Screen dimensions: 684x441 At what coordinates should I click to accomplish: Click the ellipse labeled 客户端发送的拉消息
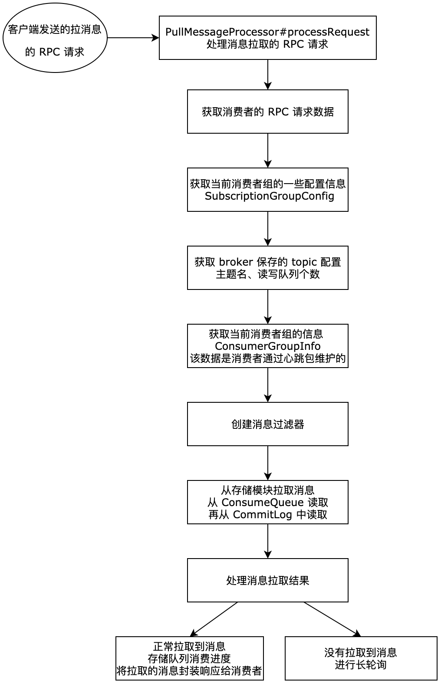click(55, 38)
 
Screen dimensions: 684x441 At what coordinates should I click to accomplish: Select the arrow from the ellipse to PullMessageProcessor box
click(133, 38)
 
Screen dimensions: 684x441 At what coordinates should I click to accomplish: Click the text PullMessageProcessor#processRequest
click(267, 32)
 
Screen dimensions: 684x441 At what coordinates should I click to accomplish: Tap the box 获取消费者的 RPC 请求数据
click(267, 112)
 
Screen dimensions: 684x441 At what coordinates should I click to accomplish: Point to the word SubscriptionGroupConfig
click(269, 196)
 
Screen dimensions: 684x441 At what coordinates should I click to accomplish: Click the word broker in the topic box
click(236, 262)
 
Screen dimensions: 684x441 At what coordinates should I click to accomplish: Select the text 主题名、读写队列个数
click(267, 274)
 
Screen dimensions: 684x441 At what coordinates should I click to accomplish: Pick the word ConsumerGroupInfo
click(267, 346)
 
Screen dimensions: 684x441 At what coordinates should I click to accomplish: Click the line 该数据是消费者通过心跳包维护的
click(267, 358)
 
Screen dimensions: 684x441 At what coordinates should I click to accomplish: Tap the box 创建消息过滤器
click(267, 424)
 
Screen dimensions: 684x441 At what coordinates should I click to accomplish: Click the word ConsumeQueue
click(262, 503)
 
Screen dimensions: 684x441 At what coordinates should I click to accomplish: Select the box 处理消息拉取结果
click(267, 580)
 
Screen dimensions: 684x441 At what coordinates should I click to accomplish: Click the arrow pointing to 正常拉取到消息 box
click(214, 619)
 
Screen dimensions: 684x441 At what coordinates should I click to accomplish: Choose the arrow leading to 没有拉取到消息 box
click(332, 619)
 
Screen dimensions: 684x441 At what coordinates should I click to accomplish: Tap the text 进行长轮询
click(360, 665)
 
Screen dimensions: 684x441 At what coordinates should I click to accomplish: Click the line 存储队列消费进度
click(189, 659)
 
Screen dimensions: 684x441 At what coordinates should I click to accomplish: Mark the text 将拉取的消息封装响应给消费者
click(189, 671)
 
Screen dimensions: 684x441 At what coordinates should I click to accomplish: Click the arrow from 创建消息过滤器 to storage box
click(267, 463)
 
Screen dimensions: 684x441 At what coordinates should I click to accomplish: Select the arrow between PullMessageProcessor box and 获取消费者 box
click(267, 74)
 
